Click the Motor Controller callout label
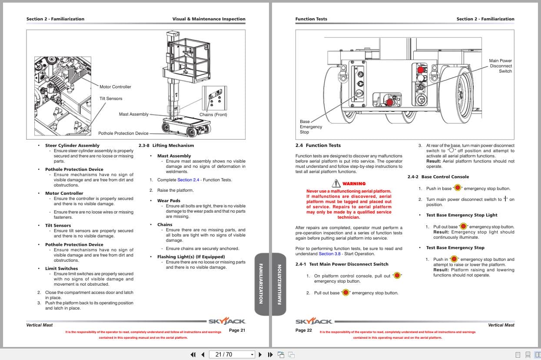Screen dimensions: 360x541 click(115, 87)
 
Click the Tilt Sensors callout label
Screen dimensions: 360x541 click(111, 99)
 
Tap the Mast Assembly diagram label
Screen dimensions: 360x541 click(133, 114)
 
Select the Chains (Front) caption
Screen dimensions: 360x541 click(213, 115)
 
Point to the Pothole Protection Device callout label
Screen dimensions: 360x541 click(123, 133)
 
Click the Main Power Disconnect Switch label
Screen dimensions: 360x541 click(500, 66)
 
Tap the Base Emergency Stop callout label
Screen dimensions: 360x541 click(311, 127)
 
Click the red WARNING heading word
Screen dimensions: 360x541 click(354, 184)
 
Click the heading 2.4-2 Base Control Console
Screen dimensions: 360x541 click(438, 177)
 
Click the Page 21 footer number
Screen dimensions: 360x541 click(237, 330)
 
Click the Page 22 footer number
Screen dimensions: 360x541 click(303, 330)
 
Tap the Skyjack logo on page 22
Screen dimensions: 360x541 click(314, 322)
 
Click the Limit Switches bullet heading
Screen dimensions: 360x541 click(61, 269)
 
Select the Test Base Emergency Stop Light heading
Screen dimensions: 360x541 click(455, 215)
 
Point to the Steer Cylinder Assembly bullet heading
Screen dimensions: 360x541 click(72, 146)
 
